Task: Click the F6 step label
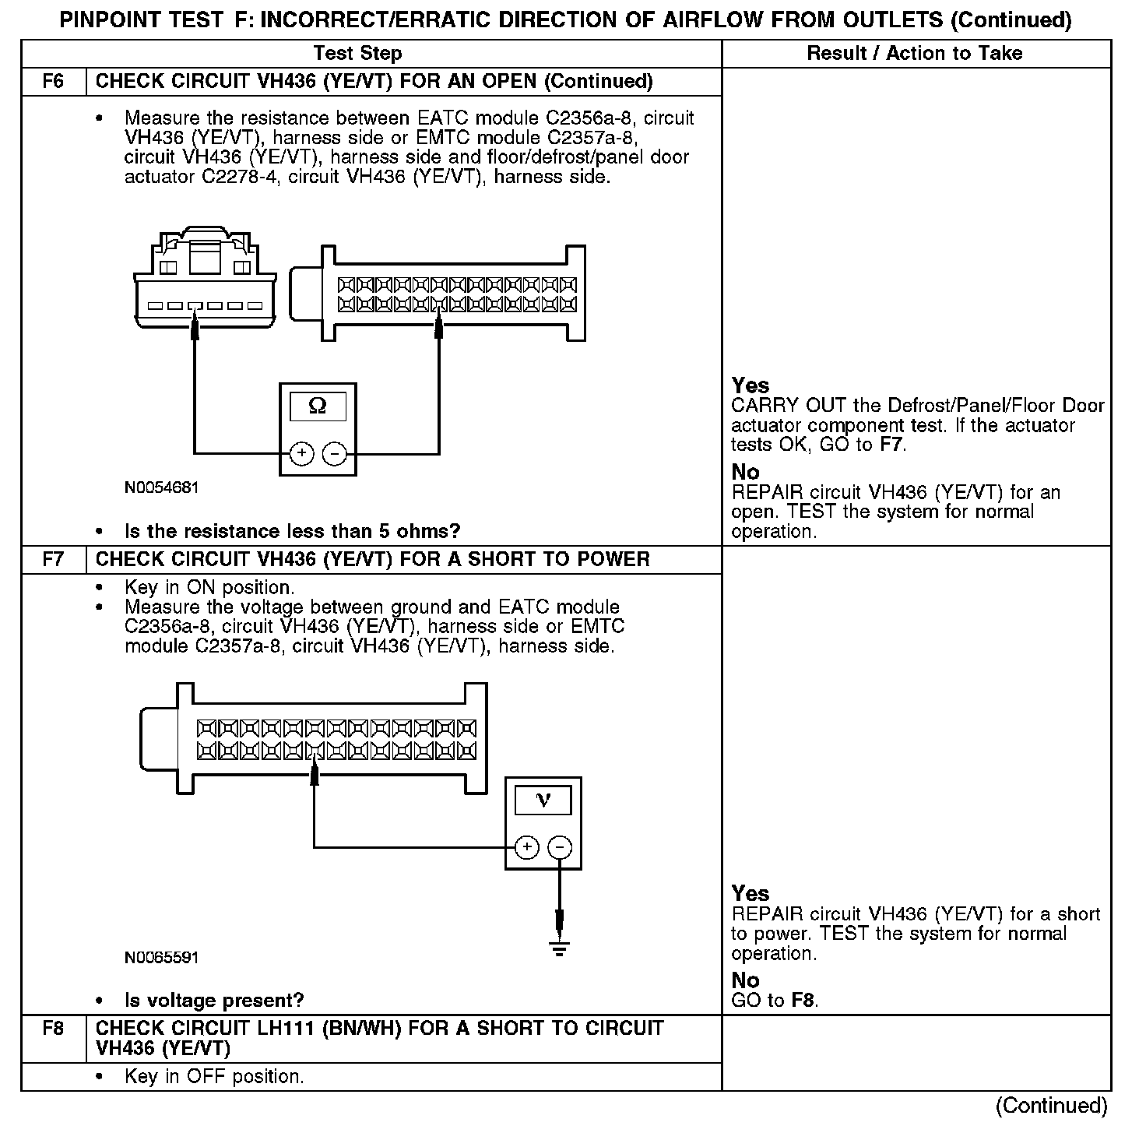(53, 82)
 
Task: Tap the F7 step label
(53, 560)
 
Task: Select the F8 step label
(53, 1029)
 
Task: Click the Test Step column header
(357, 54)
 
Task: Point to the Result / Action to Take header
(915, 54)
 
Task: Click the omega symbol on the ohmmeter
(318, 406)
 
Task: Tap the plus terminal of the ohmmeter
(301, 453)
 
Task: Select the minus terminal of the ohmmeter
(335, 453)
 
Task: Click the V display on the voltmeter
(543, 800)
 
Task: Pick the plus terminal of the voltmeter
(527, 847)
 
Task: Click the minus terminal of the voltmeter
(561, 847)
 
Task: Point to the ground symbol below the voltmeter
(559, 948)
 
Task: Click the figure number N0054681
(161, 488)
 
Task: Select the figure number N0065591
(161, 958)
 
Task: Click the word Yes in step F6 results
(751, 385)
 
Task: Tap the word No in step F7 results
(745, 980)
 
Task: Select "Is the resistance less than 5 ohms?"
(292, 532)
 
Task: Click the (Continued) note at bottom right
(1051, 1106)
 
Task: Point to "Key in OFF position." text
(214, 1077)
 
